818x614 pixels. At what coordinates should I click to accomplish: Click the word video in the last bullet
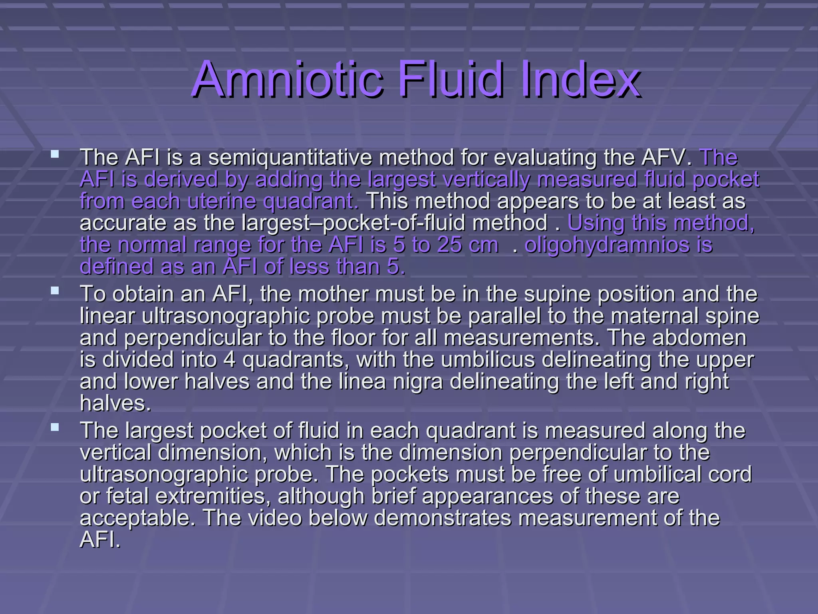coord(275,518)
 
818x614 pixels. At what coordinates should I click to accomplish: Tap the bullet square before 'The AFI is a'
coord(55,153)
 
